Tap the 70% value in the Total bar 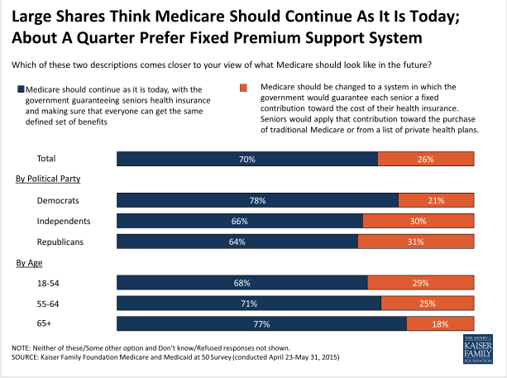246,159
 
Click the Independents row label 64,221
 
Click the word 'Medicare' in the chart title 194,17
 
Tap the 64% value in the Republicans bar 237,242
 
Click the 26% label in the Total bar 426,159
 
